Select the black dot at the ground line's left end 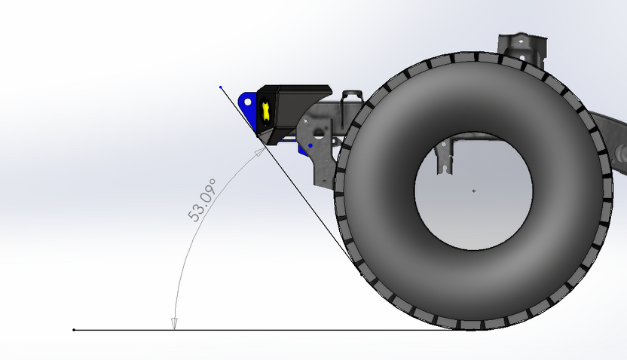click(73, 330)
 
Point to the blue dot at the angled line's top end click(221, 87)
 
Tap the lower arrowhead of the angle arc click(174, 324)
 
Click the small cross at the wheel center click(473, 191)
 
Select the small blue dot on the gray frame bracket click(310, 145)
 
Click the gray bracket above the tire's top click(521, 47)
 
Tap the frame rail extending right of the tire click(612, 132)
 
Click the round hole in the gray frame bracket click(319, 133)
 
